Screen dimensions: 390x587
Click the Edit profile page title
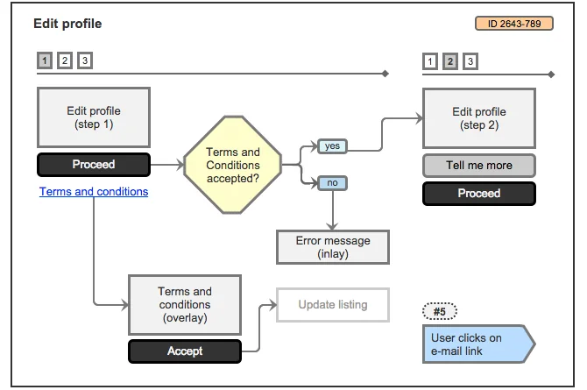[67, 24]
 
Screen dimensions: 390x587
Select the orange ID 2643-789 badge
[513, 24]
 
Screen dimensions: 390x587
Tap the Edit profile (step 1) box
[94, 117]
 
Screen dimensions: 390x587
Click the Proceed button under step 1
[94, 164]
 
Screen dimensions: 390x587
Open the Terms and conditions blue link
[94, 191]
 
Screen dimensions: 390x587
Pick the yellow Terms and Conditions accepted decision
[233, 165]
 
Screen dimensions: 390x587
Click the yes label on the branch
[332, 146]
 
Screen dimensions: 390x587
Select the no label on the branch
[332, 183]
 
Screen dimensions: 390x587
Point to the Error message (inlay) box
[332, 247]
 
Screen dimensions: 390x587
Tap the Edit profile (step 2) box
[478, 117]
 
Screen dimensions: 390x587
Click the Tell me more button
[478, 166]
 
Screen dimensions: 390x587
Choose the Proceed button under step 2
[478, 194]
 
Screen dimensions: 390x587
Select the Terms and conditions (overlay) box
[184, 304]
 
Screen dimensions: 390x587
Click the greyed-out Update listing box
[332, 304]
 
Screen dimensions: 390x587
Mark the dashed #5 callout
[439, 311]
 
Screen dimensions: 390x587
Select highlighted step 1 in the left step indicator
[45, 60]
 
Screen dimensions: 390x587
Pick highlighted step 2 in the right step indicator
[450, 61]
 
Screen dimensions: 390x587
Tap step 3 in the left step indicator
[85, 60]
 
